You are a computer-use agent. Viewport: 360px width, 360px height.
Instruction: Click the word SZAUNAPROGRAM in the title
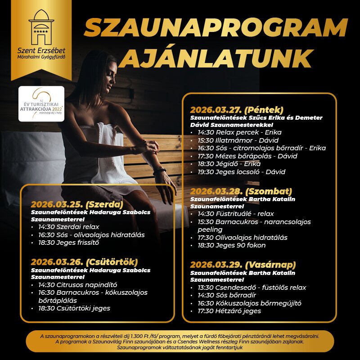coord(216,29)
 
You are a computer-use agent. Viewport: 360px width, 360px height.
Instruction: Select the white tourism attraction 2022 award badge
coord(41,104)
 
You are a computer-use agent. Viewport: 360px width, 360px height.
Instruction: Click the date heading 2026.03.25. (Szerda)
coord(77,203)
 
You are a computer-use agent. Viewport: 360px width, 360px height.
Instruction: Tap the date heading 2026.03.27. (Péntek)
coord(237,110)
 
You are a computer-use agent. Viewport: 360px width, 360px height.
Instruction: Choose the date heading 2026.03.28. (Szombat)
coord(241,191)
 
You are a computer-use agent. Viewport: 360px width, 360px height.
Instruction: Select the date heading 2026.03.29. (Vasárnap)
coord(243,264)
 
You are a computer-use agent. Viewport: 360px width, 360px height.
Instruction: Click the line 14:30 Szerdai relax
coord(68,227)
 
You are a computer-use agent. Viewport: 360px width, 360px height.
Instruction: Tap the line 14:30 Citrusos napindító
coord(77,284)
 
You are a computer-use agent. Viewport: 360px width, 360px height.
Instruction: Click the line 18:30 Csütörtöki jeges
coord(74,308)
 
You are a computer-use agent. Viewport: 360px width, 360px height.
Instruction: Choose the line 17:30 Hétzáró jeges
coord(229,311)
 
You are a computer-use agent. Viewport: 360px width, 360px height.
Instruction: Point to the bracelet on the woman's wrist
coord(159,171)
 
